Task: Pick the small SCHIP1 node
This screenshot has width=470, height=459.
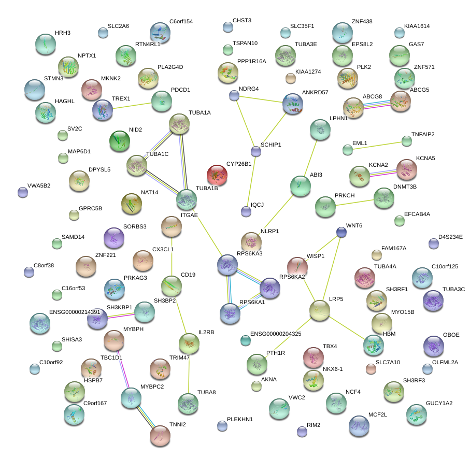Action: tap(255, 151)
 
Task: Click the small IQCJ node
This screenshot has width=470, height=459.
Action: tap(246, 211)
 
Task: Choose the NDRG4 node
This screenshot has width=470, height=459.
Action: tap(234, 95)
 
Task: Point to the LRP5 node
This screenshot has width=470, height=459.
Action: tap(319, 310)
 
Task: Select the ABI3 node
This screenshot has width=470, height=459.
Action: tap(300, 186)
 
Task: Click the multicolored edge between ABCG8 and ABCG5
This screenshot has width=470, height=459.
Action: tap(377, 105)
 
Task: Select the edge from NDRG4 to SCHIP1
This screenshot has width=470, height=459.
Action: tap(245, 123)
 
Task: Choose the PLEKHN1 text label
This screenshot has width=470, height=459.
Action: tap(240, 419)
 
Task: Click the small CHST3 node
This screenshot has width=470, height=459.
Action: tap(227, 27)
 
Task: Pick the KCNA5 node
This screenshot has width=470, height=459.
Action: tap(406, 168)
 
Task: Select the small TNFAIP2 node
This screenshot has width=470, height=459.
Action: tap(407, 140)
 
